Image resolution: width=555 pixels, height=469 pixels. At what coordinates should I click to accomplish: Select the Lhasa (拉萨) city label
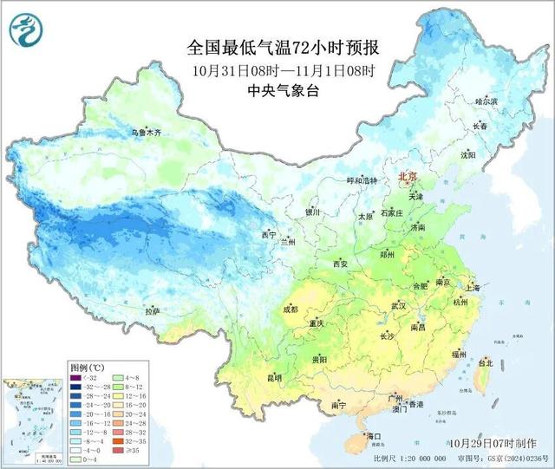coord(153,310)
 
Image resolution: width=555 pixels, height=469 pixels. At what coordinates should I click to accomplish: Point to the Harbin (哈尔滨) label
coord(487,101)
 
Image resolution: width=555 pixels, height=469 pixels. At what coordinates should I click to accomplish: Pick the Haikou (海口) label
coord(374,436)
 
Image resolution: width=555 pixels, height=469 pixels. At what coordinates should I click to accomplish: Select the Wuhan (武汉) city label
coord(399,305)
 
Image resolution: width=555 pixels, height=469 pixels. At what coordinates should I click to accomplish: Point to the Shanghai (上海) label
coord(473,287)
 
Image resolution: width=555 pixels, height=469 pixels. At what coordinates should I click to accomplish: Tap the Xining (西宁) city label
coord(268,235)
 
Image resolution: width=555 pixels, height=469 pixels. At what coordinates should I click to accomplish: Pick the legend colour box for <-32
coord(76,379)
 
